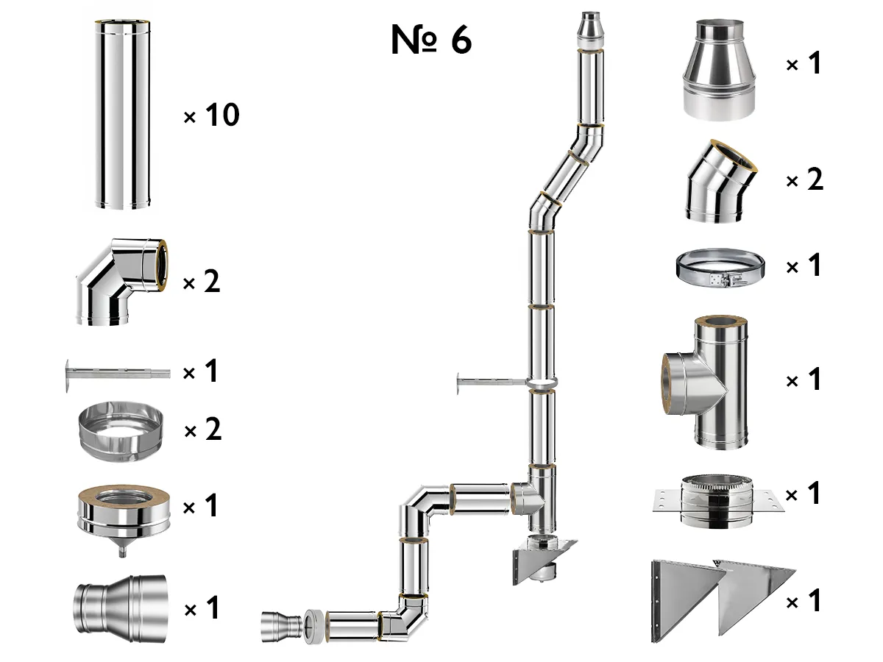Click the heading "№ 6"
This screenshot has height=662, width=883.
tap(431, 40)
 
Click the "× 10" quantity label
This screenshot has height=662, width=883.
tap(211, 115)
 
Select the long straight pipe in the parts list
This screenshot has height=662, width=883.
tap(123, 115)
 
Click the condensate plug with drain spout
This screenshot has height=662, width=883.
tap(123, 515)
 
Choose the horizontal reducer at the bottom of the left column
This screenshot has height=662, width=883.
tap(120, 609)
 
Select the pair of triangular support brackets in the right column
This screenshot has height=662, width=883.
tap(723, 599)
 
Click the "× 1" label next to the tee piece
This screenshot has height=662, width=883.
tap(803, 381)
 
